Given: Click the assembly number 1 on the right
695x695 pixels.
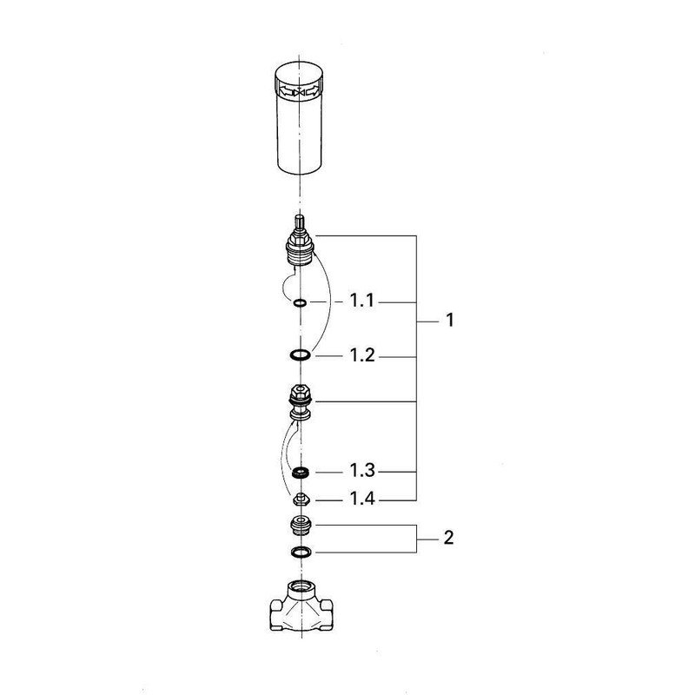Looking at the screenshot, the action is click(450, 321).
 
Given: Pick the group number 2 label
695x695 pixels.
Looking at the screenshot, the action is click(448, 539).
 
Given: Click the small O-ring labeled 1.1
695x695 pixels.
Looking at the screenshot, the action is click(299, 303).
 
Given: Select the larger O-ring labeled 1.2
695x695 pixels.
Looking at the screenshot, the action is click(299, 355).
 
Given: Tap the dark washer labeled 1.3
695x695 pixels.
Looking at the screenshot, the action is click(300, 472).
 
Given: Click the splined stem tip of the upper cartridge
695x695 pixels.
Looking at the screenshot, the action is click(300, 222).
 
